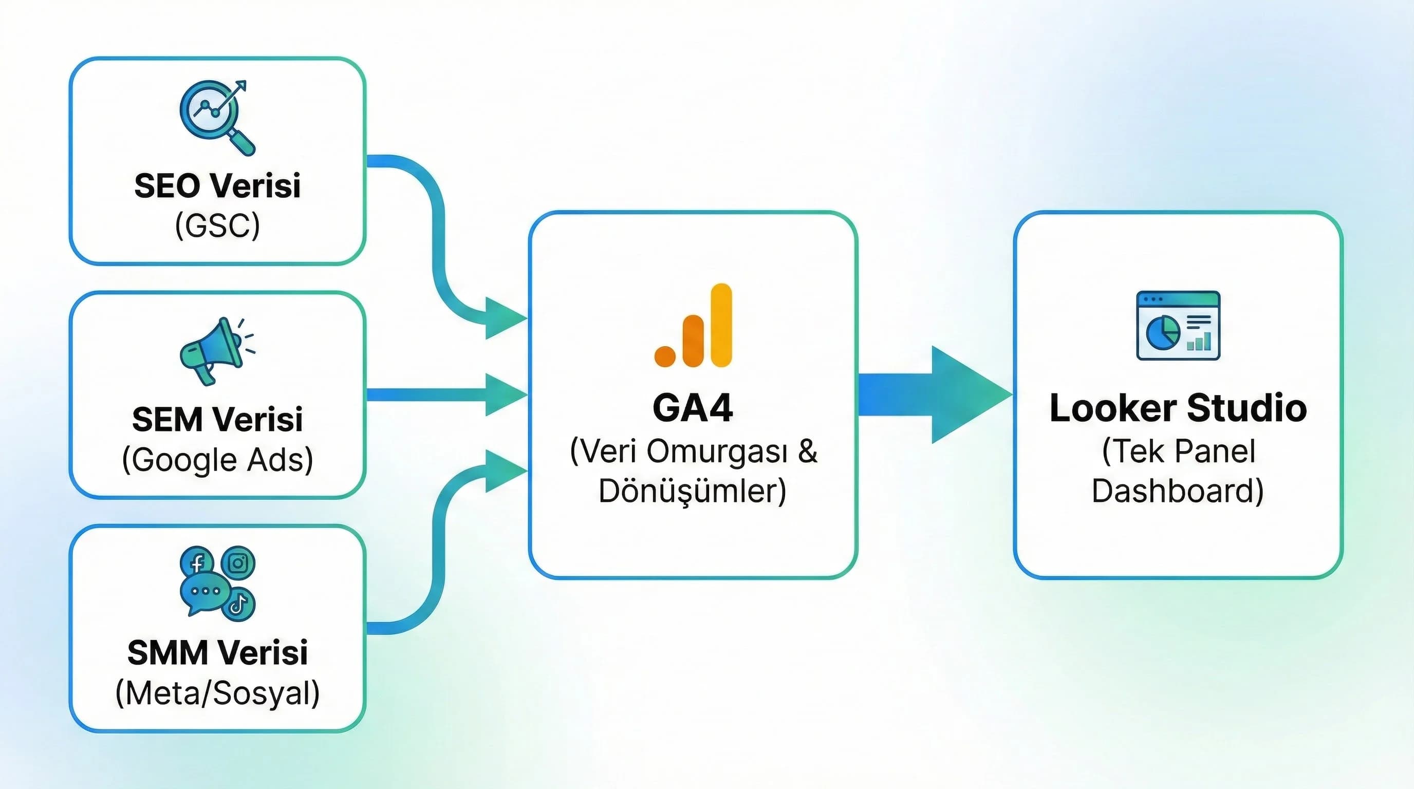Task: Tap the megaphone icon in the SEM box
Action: click(212, 349)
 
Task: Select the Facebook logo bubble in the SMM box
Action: click(196, 562)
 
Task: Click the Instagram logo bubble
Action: click(238, 563)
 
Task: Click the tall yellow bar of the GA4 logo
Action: click(721, 325)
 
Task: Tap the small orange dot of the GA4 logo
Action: click(665, 355)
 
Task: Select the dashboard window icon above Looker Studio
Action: click(1178, 325)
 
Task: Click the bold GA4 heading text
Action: click(693, 408)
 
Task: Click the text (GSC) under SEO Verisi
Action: click(217, 226)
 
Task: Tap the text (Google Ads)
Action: click(217, 459)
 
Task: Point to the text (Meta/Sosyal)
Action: click(217, 693)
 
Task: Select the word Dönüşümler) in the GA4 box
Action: click(693, 491)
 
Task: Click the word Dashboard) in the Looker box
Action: click(1178, 491)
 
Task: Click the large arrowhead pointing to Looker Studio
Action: click(966, 394)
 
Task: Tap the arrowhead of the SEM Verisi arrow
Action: click(504, 394)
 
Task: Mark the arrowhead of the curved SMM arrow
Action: click(504, 471)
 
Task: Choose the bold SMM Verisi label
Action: click(217, 653)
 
